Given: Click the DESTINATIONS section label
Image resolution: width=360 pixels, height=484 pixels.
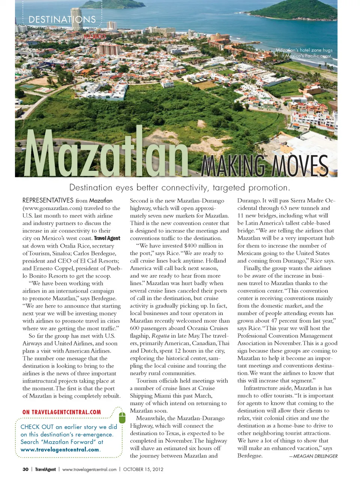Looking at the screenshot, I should point(62,20).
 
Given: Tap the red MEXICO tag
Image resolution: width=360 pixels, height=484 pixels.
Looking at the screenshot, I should point(94,36).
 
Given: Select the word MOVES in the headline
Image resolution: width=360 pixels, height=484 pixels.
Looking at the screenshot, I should point(300,165).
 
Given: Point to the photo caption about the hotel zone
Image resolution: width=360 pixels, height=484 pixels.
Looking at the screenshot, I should point(304,53).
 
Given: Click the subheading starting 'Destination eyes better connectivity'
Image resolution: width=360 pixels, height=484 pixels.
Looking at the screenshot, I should point(180,188).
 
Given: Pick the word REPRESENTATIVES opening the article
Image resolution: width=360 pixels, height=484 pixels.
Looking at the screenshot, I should point(48,200).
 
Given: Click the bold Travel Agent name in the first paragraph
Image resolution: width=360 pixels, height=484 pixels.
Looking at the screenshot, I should point(107,238).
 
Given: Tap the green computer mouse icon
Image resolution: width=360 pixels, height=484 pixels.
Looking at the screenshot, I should point(122,417).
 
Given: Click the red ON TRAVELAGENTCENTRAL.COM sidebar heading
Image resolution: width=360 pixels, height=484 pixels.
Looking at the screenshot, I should point(61,412).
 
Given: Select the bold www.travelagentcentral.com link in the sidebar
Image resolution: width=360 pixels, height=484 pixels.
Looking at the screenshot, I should point(60,449).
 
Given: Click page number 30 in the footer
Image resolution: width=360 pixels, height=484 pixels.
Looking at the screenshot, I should point(25,469).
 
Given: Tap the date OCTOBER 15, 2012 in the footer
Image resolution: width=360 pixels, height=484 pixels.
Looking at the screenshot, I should point(143,469).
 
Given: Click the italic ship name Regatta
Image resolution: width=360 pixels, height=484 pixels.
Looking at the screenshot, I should point(160,336).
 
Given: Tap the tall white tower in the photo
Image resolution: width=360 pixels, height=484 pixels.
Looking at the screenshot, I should point(76,19).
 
